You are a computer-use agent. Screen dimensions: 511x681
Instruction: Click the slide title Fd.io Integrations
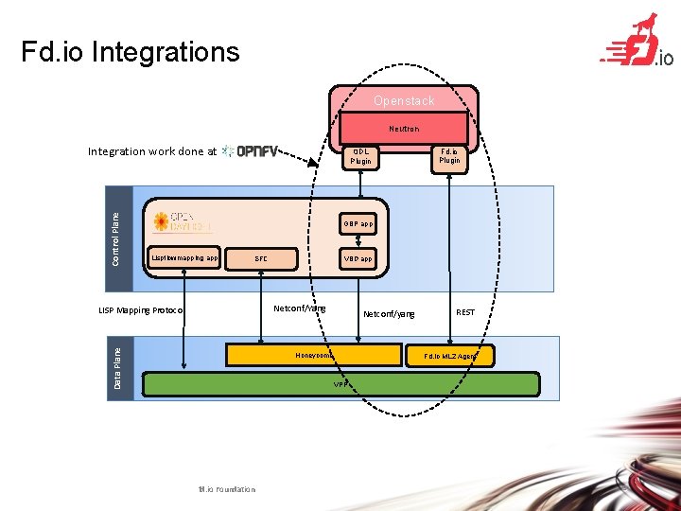[131, 51]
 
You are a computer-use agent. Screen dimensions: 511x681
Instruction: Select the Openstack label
[404, 100]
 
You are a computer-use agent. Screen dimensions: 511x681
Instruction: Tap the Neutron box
[404, 128]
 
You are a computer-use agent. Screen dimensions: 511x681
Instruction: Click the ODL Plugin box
[360, 156]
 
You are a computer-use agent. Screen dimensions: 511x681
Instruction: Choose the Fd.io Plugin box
[449, 155]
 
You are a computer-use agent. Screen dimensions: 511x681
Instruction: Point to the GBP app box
[358, 224]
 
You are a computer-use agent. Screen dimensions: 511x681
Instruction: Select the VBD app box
[358, 258]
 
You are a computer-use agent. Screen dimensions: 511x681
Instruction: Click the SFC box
[261, 258]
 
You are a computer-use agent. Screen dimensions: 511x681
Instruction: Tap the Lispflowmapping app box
[184, 257]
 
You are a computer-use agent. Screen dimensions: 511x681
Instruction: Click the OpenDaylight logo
[183, 222]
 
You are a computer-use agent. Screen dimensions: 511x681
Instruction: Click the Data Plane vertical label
[117, 367]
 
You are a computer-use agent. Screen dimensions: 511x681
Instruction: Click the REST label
[465, 312]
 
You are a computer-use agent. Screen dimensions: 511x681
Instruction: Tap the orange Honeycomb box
[313, 355]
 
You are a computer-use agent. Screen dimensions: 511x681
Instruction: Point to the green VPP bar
[339, 384]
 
